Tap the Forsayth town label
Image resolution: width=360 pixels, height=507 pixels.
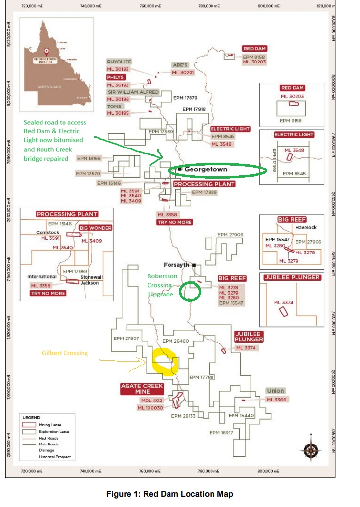click(x=179, y=265)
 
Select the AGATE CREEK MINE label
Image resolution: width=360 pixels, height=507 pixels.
click(x=142, y=389)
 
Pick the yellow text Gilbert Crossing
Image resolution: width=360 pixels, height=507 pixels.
click(x=64, y=353)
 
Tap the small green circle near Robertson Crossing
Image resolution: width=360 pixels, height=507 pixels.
click(x=190, y=292)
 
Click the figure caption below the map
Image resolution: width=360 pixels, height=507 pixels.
click(x=169, y=494)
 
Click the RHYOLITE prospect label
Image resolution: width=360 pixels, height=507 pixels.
click(x=119, y=62)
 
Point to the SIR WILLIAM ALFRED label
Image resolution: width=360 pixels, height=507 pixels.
click(x=133, y=92)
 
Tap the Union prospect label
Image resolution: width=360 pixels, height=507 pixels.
click(x=275, y=391)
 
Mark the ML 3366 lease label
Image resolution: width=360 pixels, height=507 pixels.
click(x=276, y=400)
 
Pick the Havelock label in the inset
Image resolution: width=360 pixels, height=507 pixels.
click(x=306, y=227)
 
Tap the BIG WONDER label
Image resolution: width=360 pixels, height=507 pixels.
click(x=96, y=228)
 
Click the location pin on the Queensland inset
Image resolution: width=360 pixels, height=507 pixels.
click(x=47, y=50)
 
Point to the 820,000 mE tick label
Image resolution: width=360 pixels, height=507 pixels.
click(x=324, y=5)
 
